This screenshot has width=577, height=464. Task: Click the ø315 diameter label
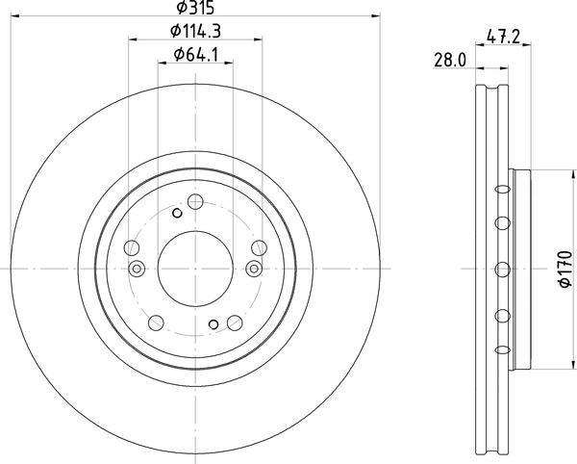click(195, 8)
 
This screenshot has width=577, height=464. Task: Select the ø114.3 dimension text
click(195, 31)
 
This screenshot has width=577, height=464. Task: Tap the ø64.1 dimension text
click(196, 55)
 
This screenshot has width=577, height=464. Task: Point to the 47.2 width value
click(503, 37)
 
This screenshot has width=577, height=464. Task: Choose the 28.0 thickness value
click(450, 60)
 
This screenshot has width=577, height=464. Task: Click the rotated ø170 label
click(565, 269)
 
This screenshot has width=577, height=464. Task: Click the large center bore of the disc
click(195, 269)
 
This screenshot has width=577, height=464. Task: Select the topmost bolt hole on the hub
click(195, 201)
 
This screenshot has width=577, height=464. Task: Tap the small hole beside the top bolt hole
click(177, 213)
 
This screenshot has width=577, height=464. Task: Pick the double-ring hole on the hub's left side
click(137, 269)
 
